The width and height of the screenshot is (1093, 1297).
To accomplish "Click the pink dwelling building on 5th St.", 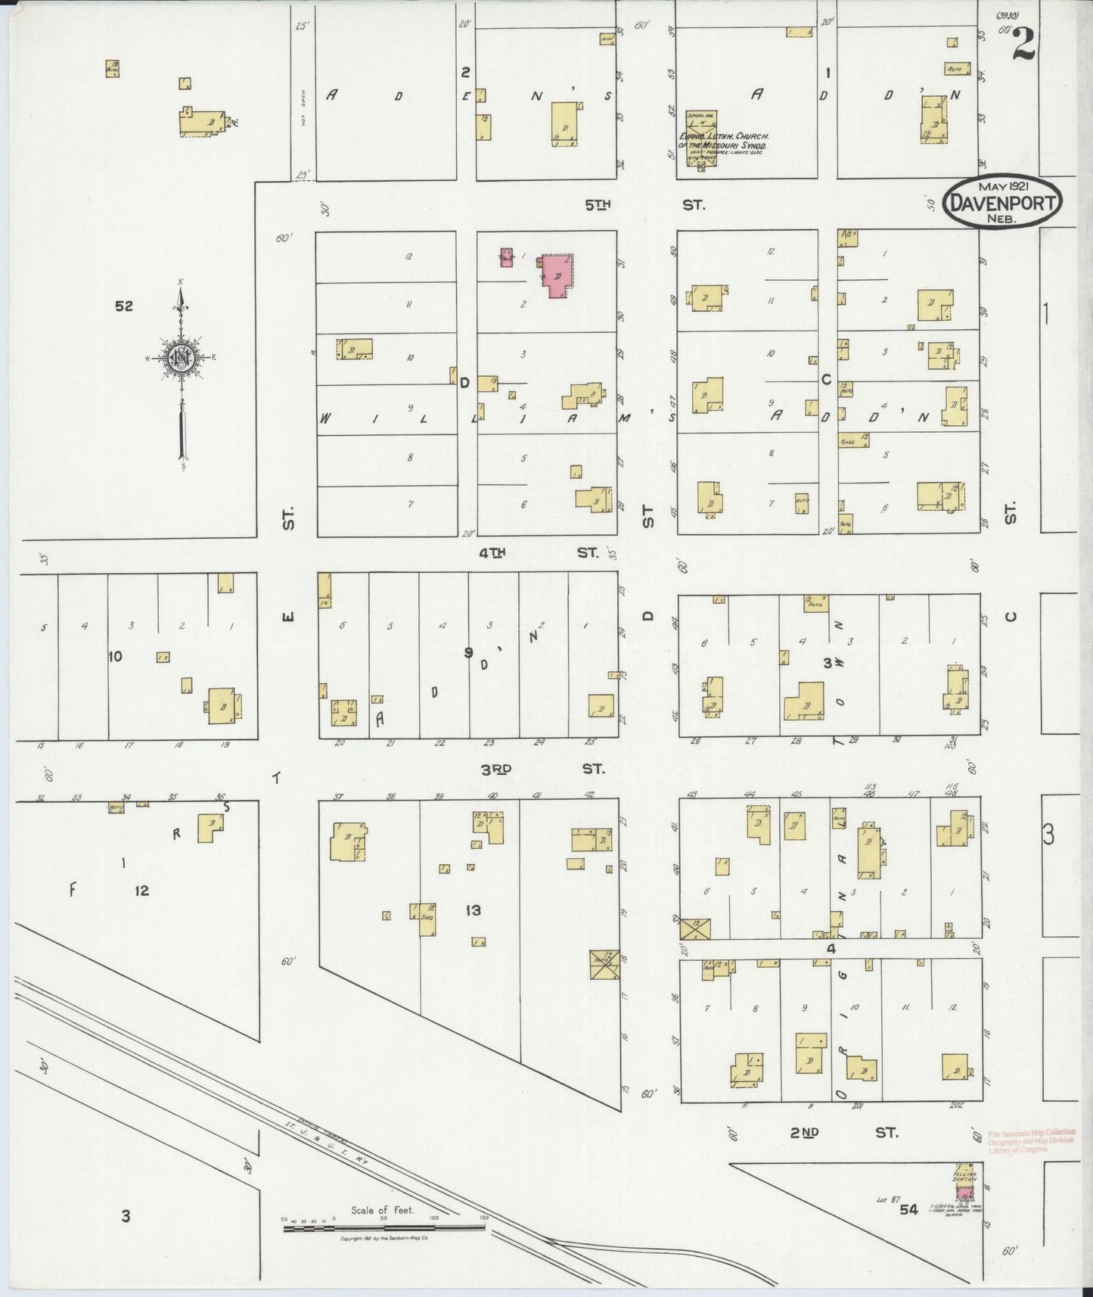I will pos(557,276).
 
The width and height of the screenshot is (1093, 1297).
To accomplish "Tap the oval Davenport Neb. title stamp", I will pos(1002,201).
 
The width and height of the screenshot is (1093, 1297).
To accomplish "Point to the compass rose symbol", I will pos(182,358).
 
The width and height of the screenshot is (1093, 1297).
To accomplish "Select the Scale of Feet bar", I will pos(385,1228).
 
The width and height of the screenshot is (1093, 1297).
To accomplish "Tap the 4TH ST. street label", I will pos(539,553).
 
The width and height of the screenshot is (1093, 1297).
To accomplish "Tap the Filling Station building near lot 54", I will pos(964,1190).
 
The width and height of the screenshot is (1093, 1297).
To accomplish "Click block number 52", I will pos(124,306).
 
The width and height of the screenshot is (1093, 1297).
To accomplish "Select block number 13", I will pos(473,910).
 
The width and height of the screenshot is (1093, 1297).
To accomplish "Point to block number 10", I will pos(115,656).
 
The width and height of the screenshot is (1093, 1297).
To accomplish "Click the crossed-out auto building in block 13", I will pos(604,964).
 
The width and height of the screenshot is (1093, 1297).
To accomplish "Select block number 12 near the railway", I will pos(141,891).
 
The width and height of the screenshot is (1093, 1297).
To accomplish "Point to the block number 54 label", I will pos(908,1209).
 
